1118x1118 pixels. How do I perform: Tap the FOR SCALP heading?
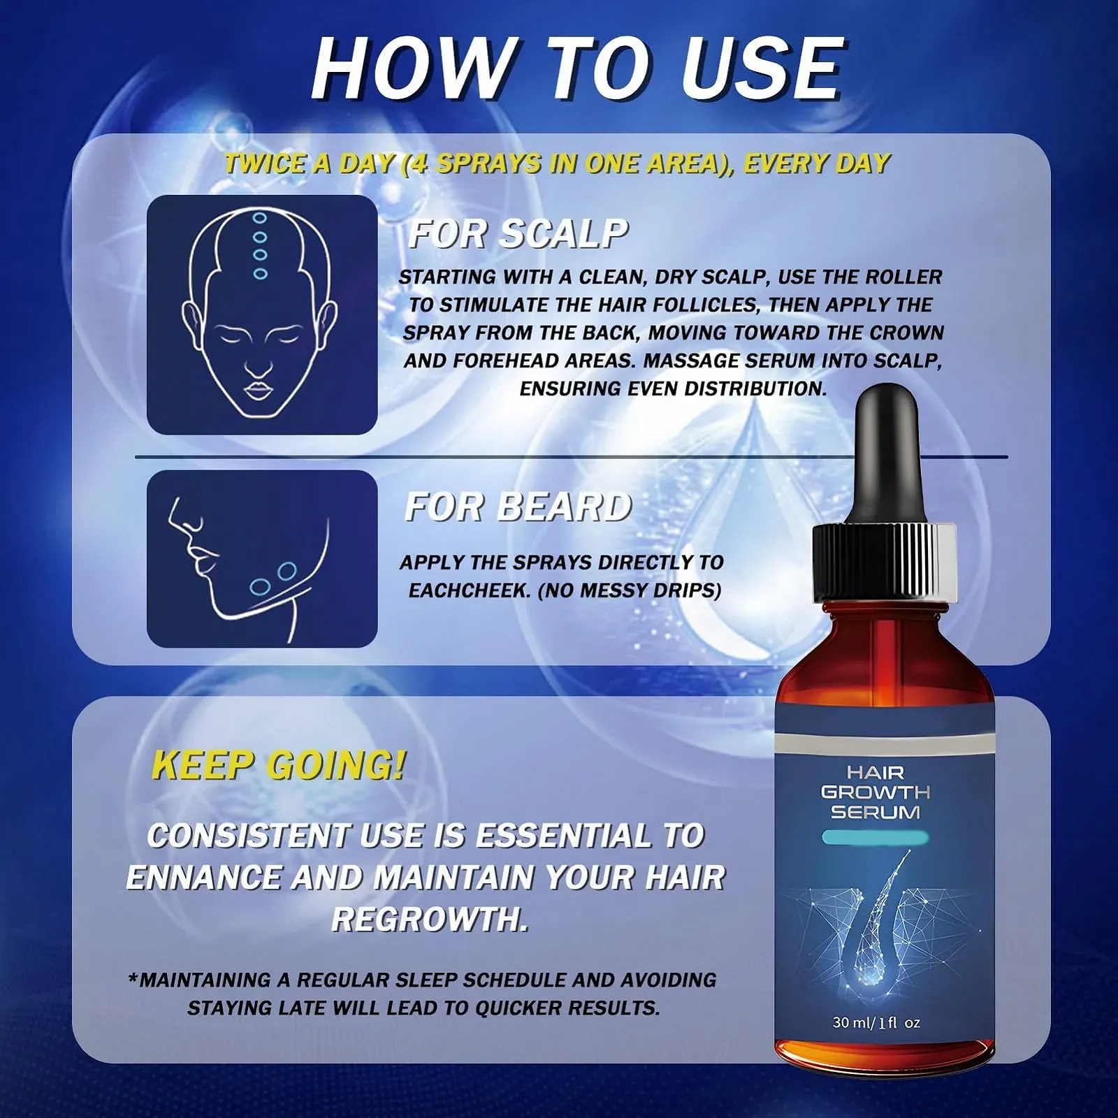(x=518, y=233)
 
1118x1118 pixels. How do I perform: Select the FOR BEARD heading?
(x=518, y=507)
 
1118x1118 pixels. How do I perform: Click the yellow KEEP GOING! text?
(x=279, y=765)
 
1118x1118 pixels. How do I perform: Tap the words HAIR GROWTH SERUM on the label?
(x=875, y=792)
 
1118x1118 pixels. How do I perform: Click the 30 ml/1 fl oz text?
(x=876, y=1022)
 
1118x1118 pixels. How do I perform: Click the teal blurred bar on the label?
(x=874, y=837)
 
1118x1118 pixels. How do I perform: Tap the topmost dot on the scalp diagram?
(x=260, y=218)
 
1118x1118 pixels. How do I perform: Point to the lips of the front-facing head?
(x=259, y=389)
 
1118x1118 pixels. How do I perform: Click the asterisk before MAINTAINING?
(x=133, y=978)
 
